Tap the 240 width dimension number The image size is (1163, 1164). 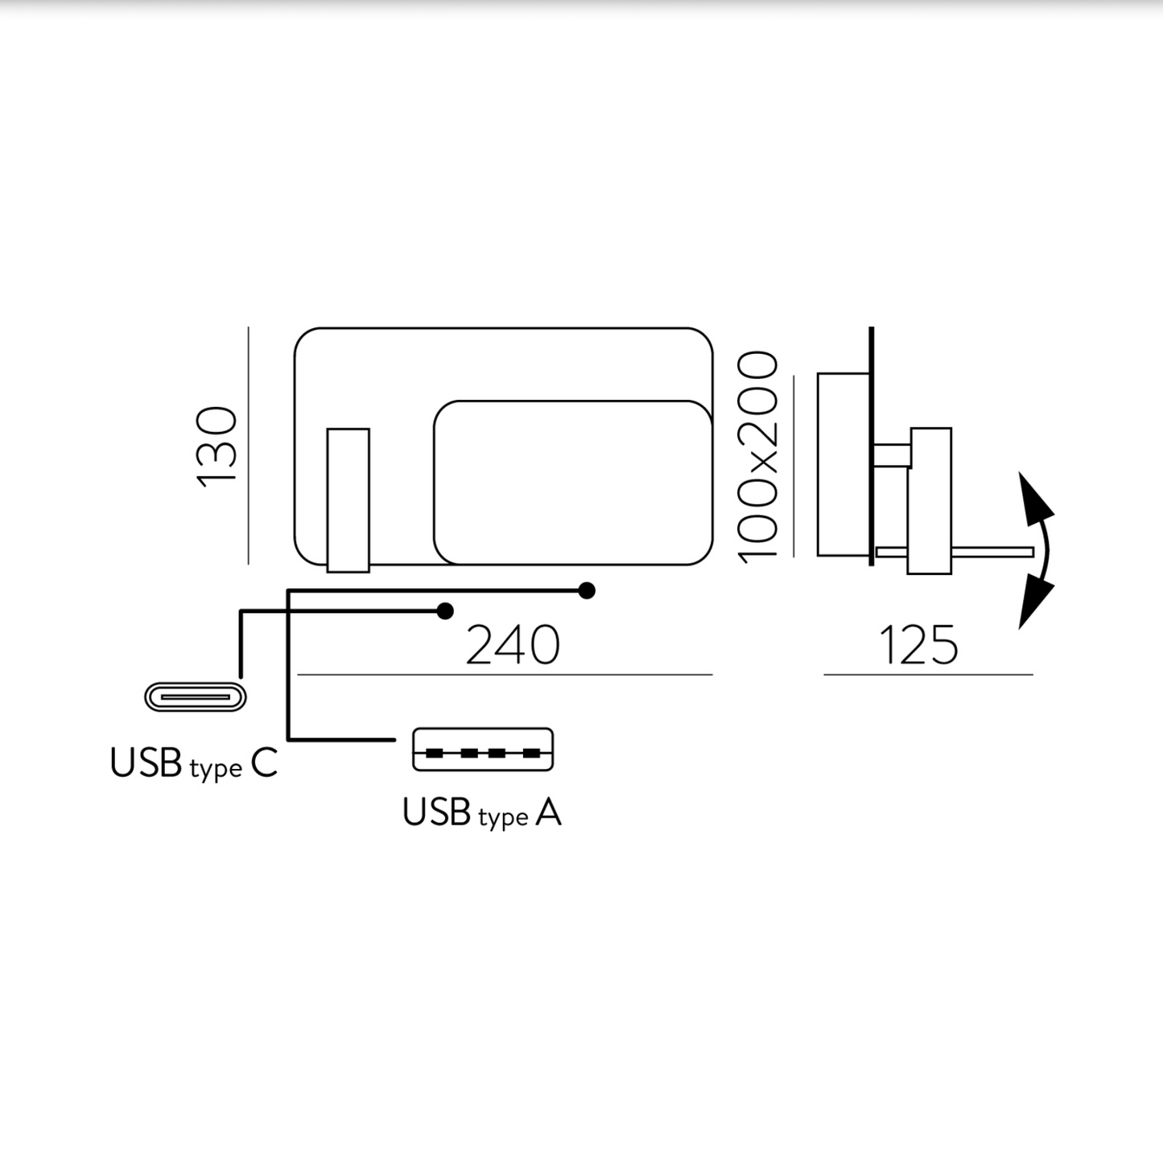513,645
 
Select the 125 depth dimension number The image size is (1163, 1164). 918,645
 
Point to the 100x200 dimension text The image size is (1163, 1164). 758,457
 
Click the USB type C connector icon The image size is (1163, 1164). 196,697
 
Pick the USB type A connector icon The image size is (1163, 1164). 483,750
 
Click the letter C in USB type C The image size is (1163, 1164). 264,763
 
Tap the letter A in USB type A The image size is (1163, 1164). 548,813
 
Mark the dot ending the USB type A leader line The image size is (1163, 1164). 587,591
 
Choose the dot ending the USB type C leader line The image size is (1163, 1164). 445,611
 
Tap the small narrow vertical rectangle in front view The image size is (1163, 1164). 348,500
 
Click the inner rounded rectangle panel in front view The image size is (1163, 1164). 572,482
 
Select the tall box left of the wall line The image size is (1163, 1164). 843,464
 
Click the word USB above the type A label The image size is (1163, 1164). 436,812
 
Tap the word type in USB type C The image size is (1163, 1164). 216,769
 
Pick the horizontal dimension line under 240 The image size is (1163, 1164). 505,675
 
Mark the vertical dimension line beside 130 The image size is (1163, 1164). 249,445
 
